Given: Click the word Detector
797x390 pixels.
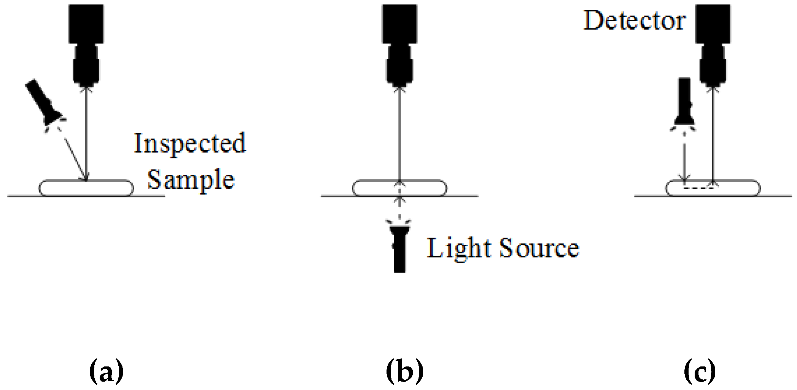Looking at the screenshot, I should tap(634, 21).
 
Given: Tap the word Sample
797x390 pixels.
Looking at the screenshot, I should tap(191, 179).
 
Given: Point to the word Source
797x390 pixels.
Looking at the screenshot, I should tap(539, 248).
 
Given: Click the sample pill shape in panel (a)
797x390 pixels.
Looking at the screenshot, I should tap(86, 188).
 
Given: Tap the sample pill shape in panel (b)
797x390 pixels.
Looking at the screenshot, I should tap(399, 188).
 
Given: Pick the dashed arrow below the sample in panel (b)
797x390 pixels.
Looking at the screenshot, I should tap(399, 207).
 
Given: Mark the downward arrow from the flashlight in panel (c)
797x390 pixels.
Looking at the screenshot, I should tap(684, 162).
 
